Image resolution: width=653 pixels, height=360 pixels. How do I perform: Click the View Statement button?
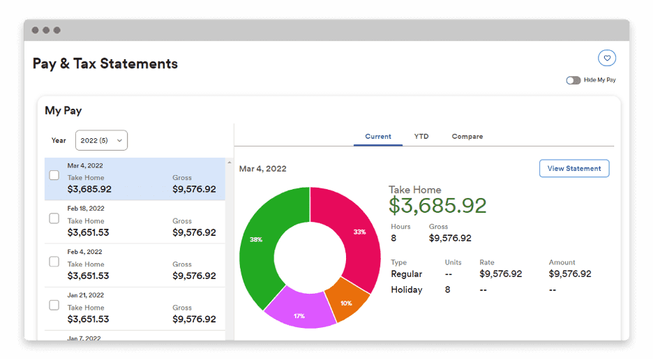[x=574, y=168]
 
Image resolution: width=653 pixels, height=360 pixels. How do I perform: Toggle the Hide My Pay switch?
[x=573, y=80]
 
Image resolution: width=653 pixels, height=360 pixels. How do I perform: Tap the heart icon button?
[x=607, y=58]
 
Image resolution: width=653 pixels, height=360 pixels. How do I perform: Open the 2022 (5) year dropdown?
[x=101, y=140]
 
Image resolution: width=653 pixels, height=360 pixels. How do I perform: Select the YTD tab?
[x=421, y=136]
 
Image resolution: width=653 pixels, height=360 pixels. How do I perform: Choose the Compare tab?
[x=467, y=136]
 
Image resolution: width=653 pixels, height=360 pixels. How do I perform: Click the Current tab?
[x=378, y=136]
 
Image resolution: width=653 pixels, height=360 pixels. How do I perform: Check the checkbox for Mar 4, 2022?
[x=54, y=176]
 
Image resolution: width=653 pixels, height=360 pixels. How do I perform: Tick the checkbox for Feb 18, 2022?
[x=54, y=219]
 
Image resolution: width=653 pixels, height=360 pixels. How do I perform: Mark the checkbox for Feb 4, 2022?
[x=54, y=262]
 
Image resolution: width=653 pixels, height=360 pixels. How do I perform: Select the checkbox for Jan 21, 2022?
[x=54, y=306]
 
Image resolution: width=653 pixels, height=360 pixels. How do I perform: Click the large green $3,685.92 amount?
[x=437, y=205]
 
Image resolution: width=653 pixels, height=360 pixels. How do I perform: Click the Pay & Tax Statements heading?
[x=105, y=63]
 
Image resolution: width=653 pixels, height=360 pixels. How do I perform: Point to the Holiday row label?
[x=407, y=290]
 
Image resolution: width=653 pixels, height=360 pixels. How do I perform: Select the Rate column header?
[x=487, y=262]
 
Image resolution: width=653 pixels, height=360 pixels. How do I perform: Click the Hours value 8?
[x=393, y=238]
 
